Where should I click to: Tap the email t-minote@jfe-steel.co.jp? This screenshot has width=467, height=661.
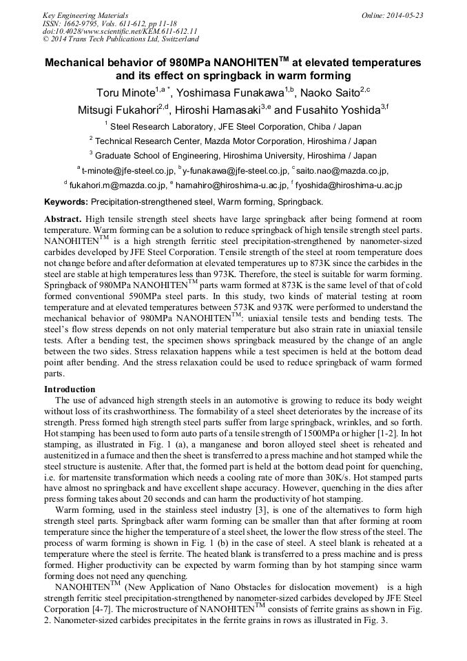tap(127, 171)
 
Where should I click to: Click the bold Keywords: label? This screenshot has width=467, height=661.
tap(66, 202)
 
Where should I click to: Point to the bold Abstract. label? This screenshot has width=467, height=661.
tap(63, 218)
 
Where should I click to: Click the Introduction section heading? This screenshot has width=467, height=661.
tap(70, 389)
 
